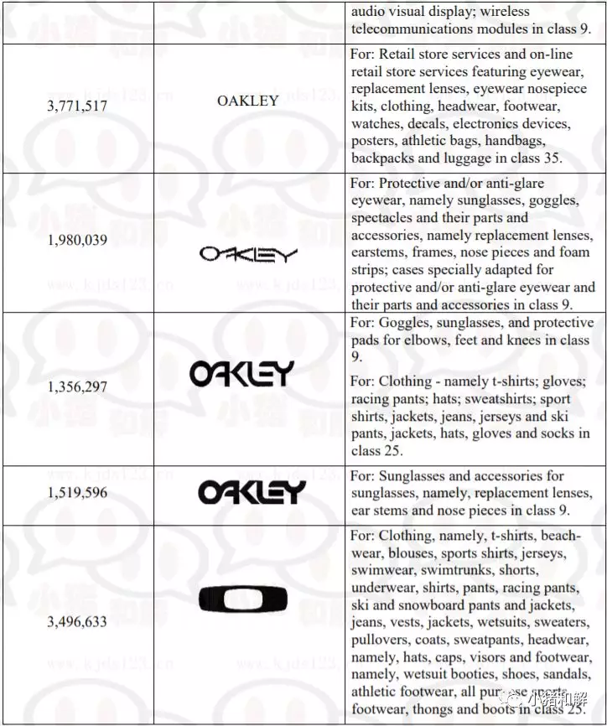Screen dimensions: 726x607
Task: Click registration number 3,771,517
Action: (x=77, y=107)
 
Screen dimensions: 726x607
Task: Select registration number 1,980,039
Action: (x=77, y=241)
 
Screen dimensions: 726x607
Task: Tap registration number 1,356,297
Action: (x=77, y=387)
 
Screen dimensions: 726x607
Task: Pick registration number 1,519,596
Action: (x=77, y=493)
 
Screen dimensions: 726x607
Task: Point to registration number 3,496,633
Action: (x=77, y=621)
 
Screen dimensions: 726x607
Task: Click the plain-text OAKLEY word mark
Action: (x=248, y=101)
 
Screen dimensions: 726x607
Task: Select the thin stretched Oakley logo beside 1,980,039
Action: (x=249, y=253)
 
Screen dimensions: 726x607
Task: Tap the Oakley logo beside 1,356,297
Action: (x=241, y=374)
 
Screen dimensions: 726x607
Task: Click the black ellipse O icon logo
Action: (x=243, y=599)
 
